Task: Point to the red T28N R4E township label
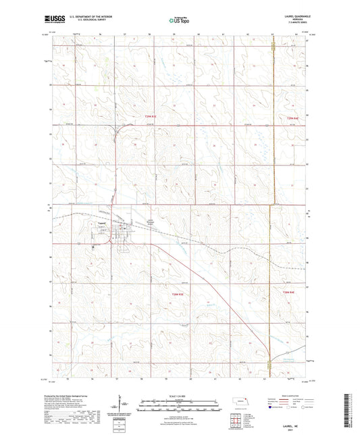pyautogui.click(x=288, y=292)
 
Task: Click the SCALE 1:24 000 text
pyautogui.click(x=180, y=396)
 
